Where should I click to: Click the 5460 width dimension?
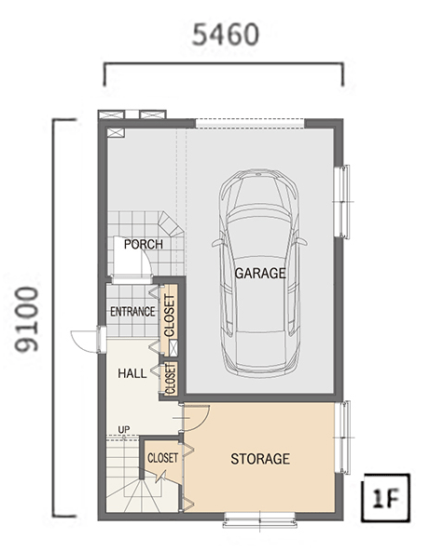click(x=226, y=35)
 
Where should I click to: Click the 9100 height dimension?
click(x=26, y=319)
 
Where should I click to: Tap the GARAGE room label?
click(x=260, y=273)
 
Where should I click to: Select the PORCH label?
click(x=144, y=244)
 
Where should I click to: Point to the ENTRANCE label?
click(x=132, y=312)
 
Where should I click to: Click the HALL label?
click(x=132, y=373)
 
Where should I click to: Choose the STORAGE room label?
click(x=260, y=459)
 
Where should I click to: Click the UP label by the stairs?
click(x=124, y=430)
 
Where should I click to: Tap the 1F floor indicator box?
click(x=386, y=498)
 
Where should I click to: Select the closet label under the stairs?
click(x=162, y=458)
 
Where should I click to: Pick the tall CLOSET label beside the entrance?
click(x=170, y=316)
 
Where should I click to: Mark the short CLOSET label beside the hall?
click(x=170, y=379)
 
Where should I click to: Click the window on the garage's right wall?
click(x=342, y=202)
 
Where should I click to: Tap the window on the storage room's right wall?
click(x=343, y=438)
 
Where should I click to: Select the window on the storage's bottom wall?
click(x=259, y=520)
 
